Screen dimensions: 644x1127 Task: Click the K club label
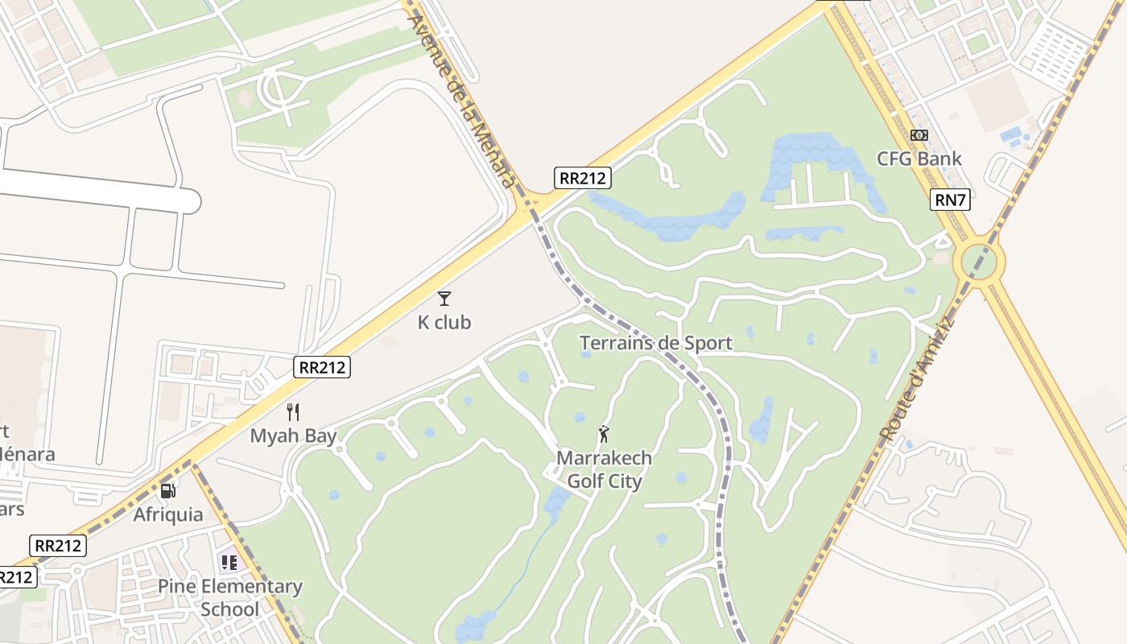(444, 323)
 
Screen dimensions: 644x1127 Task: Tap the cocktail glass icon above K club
(444, 299)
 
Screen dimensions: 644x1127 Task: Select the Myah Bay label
(293, 436)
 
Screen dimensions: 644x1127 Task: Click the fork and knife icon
(293, 412)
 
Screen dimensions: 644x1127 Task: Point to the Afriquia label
(168, 514)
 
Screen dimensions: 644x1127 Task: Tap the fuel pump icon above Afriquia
(167, 490)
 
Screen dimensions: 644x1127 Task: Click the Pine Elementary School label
(230, 597)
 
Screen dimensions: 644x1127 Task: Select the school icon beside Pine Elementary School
(229, 562)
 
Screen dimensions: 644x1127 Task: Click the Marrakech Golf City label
(604, 469)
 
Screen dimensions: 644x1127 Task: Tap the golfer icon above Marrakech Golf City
(604, 434)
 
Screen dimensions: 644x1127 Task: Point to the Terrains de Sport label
(656, 344)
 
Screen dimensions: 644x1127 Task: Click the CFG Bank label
(919, 159)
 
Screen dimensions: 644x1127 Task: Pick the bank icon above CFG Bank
(919, 135)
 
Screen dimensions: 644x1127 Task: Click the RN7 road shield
(950, 200)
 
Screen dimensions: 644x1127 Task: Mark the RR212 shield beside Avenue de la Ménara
(583, 178)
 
